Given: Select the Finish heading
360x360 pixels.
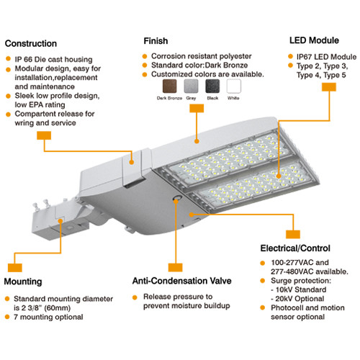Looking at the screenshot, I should coord(156,41).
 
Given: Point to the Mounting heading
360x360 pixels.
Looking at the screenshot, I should coord(27,281).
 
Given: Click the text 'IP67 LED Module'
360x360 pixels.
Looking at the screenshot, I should coord(325,55).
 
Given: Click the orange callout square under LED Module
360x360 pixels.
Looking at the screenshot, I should coord(328,86).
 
